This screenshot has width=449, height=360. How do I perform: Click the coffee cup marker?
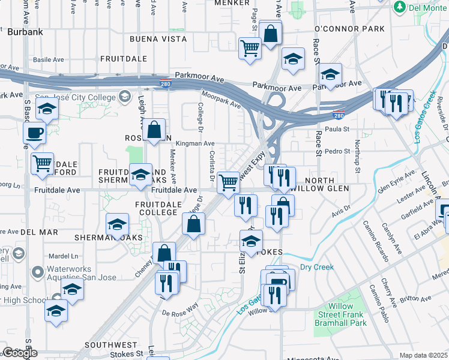(35, 133)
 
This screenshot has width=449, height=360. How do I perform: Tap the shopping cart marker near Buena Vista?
(250, 48)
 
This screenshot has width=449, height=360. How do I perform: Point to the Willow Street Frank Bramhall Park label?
(340, 314)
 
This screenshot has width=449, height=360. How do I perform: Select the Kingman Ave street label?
(194, 144)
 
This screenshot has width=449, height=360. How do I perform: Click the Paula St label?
(337, 129)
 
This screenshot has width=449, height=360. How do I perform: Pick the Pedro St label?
(337, 151)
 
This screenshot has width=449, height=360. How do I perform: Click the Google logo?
(20, 353)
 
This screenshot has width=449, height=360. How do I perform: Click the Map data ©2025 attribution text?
(423, 355)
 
